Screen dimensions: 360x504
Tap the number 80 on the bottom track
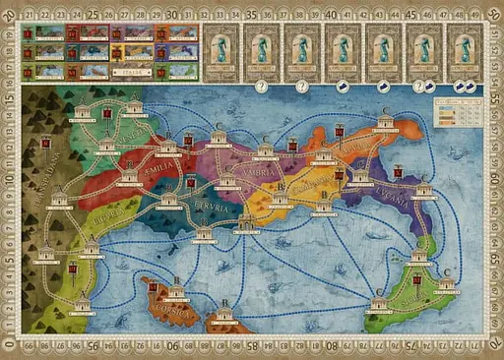(332, 347)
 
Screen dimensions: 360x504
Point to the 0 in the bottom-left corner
(12, 347)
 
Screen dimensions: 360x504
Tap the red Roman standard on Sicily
(417, 280)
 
